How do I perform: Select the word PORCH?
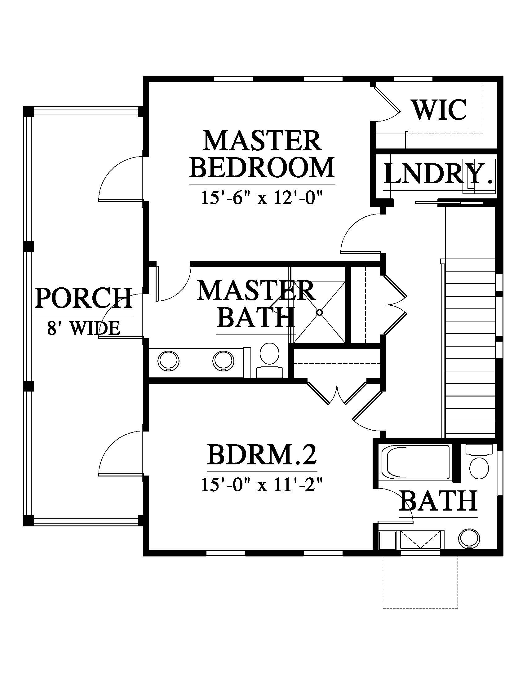pos(83,298)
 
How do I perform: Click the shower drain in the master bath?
pos(319,312)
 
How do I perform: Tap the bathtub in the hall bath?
pos(414,463)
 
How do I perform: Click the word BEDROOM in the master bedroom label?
pos(262,167)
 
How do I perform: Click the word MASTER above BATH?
pos(256,290)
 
